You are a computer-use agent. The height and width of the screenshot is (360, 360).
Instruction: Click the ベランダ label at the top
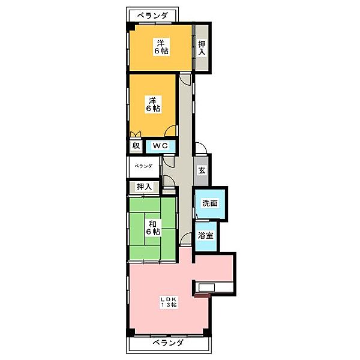click(x=152, y=16)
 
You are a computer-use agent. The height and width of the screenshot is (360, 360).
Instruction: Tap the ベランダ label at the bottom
click(x=168, y=343)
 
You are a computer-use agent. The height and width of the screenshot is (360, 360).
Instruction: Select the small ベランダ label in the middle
click(x=143, y=166)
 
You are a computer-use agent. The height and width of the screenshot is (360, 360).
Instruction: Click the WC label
click(x=160, y=146)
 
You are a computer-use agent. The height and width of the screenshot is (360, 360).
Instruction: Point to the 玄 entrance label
click(x=202, y=170)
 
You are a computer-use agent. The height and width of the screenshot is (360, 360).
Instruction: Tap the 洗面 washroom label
click(x=210, y=203)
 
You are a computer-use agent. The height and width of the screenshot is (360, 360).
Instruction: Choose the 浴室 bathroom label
click(x=205, y=235)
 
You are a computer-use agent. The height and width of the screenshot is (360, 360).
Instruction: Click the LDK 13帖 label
click(x=169, y=302)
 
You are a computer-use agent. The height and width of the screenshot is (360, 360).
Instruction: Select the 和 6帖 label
click(x=153, y=227)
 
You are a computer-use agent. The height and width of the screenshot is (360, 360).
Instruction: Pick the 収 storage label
click(x=136, y=146)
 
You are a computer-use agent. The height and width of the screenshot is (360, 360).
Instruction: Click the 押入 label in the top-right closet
click(x=202, y=48)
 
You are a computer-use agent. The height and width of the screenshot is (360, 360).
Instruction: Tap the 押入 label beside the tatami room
click(x=144, y=187)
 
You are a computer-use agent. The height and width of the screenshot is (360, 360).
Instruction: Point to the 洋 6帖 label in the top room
click(x=161, y=47)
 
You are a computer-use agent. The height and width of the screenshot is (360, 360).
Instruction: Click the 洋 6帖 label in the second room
click(x=153, y=104)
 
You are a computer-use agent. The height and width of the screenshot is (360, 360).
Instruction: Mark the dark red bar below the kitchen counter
click(x=202, y=295)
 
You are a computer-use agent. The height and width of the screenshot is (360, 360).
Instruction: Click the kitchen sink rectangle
click(x=206, y=287)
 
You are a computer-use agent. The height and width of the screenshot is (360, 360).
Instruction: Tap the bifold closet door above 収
click(x=135, y=134)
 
